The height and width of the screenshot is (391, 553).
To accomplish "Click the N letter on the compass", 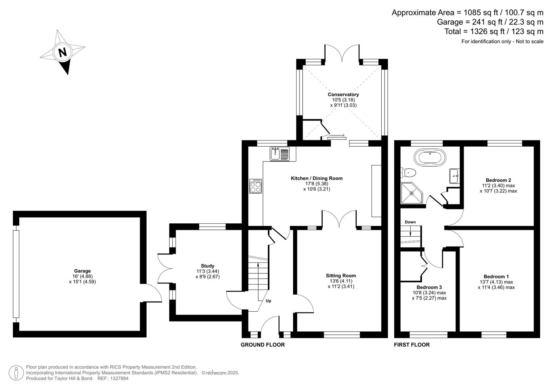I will (x=63, y=52).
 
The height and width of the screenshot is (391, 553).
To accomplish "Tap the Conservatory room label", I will (x=343, y=94).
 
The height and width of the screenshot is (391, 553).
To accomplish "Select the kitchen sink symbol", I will (x=280, y=154).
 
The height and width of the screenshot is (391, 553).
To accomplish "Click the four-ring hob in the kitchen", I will (x=255, y=186).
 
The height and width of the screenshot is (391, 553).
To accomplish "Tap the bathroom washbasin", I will (x=454, y=176).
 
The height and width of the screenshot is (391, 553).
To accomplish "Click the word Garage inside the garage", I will (x=82, y=271).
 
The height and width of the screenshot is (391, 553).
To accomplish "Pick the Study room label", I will (x=208, y=266).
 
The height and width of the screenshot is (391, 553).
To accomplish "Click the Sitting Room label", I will (x=341, y=276).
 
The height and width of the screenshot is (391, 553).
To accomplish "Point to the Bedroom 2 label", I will (x=498, y=180).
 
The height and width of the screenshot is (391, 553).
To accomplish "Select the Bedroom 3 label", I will (x=429, y=287).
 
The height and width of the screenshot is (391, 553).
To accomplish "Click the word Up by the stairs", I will (x=268, y=301).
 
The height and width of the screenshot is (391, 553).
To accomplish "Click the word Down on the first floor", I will (x=410, y=222).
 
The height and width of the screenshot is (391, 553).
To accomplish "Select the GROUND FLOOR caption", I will (x=263, y=345).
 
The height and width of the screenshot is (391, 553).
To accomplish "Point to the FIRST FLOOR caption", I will (x=412, y=345).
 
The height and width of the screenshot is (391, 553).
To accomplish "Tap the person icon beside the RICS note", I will (x=16, y=373).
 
